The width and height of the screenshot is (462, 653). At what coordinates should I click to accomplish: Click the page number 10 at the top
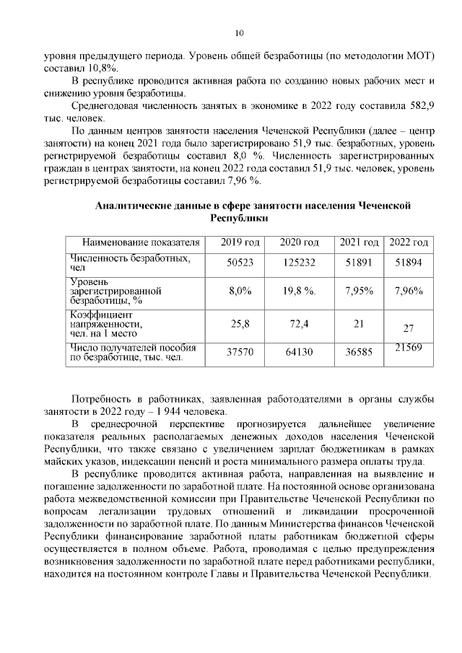(239, 32)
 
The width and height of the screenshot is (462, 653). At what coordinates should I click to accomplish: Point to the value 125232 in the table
(299, 263)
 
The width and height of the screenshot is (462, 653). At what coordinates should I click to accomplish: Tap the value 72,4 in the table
(299, 324)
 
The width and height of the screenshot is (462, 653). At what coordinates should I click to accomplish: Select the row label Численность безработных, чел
(130, 263)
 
